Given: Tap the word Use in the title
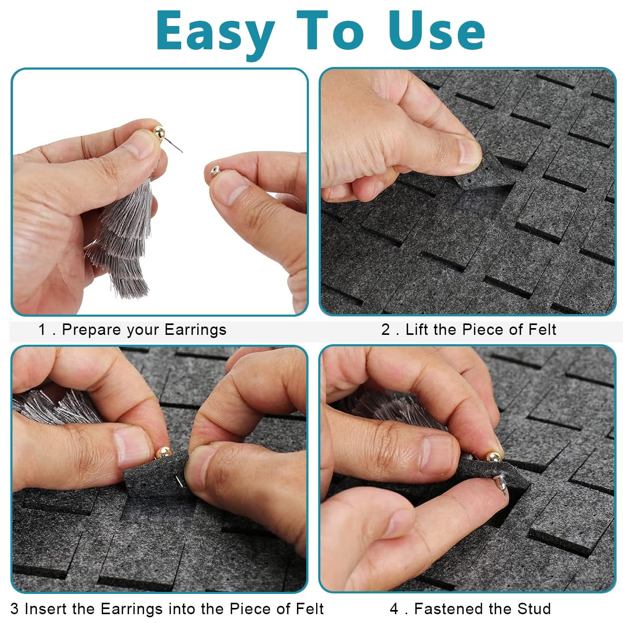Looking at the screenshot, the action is click(437, 31).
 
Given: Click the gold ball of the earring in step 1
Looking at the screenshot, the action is click(159, 132).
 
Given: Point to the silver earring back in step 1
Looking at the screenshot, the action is click(215, 170).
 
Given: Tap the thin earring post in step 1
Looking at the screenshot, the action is click(173, 144).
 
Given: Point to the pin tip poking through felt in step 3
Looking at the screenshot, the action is click(179, 482).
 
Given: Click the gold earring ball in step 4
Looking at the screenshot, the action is click(494, 457).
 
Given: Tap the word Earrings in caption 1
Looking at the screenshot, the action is click(196, 330).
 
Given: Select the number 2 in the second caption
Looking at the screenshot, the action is click(385, 330).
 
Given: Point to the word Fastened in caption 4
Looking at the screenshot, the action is click(448, 609).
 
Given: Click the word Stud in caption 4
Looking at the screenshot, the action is click(534, 609).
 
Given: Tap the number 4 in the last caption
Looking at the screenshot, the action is click(394, 609).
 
